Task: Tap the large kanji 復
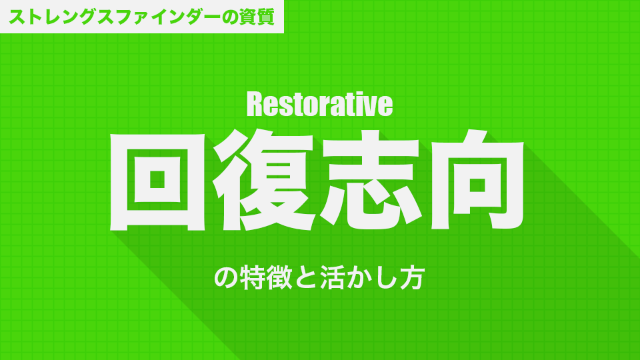tap(264, 179)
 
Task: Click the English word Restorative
tap(319, 105)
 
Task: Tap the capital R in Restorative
tap(255, 105)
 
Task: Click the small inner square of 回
tap(157, 179)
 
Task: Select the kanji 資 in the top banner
tap(247, 17)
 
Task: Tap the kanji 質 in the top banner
tap(266, 17)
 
